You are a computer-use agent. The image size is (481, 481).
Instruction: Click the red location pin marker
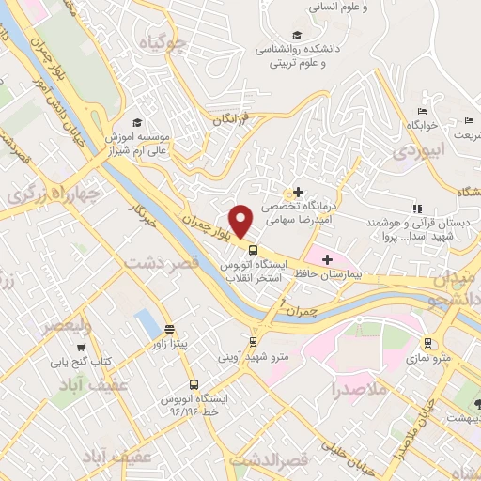(x=241, y=221)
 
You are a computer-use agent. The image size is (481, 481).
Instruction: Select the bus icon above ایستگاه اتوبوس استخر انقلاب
(x=253, y=250)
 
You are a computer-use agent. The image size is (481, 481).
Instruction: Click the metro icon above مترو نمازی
(x=427, y=342)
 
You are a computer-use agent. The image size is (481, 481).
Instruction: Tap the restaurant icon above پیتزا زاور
(x=169, y=329)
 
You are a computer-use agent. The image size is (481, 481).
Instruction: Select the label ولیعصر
(x=67, y=327)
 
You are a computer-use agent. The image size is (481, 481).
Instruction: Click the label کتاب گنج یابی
(x=80, y=361)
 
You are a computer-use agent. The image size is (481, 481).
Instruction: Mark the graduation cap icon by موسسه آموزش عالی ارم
(x=138, y=123)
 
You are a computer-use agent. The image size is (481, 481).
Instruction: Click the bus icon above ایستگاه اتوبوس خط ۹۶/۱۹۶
(x=194, y=383)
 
